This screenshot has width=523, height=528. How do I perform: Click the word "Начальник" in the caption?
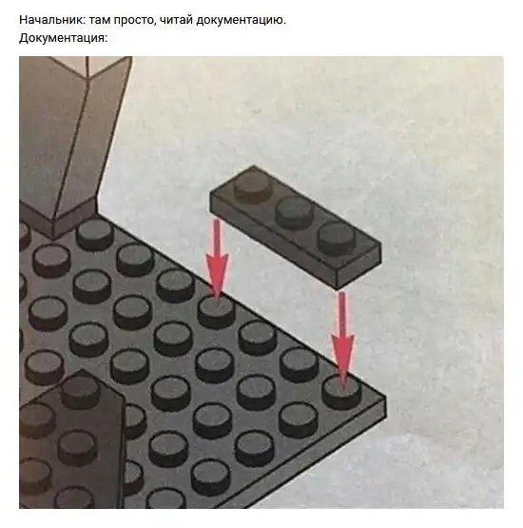49,19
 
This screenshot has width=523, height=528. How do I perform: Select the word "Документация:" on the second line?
63,38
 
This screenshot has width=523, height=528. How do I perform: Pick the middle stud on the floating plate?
294,211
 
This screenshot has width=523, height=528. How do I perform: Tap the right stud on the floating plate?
338,237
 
